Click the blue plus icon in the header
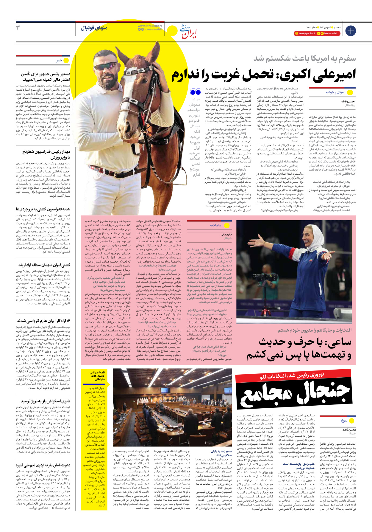coord(351,30)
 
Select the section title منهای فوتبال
coord(94,28)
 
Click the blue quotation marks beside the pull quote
coord(195,92)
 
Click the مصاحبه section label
coord(215,225)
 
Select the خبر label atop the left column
coord(59,60)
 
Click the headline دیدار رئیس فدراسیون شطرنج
coord(46,154)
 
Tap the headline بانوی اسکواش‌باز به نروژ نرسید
coord(45,401)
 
